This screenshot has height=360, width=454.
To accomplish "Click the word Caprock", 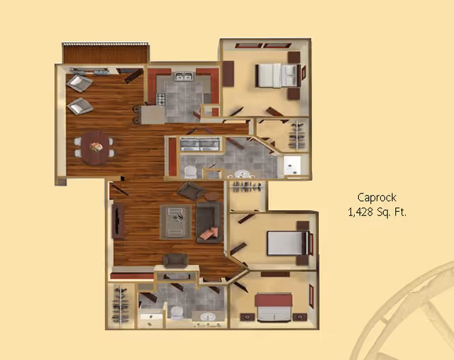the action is point(377,198).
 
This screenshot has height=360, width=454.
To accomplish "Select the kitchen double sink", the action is point(184,77).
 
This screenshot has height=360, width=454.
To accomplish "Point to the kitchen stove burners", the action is point(161,99).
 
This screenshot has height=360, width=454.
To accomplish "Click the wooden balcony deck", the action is point(106,54).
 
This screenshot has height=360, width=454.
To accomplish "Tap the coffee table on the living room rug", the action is point(176,222).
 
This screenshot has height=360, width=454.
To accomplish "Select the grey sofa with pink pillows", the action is point(209,222).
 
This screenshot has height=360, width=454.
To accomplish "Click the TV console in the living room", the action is point(118,220).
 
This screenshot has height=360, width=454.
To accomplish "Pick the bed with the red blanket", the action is point(273,308).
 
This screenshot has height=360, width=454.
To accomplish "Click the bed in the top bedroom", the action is point(278,75).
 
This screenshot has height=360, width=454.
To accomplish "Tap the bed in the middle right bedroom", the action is point(287,243).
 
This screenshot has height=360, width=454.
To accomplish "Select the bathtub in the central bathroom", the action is point(200,145).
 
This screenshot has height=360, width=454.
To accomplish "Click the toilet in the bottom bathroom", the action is point(177,313).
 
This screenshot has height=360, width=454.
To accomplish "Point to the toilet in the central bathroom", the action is point(190,172).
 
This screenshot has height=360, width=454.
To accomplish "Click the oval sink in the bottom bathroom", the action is point(208,316).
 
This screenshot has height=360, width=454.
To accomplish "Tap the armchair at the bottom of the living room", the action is point(175,260).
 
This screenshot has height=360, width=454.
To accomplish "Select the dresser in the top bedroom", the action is point(228,74).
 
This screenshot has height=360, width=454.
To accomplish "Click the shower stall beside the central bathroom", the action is point(292,166).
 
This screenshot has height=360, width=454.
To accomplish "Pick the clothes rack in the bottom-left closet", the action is point(120,305).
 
